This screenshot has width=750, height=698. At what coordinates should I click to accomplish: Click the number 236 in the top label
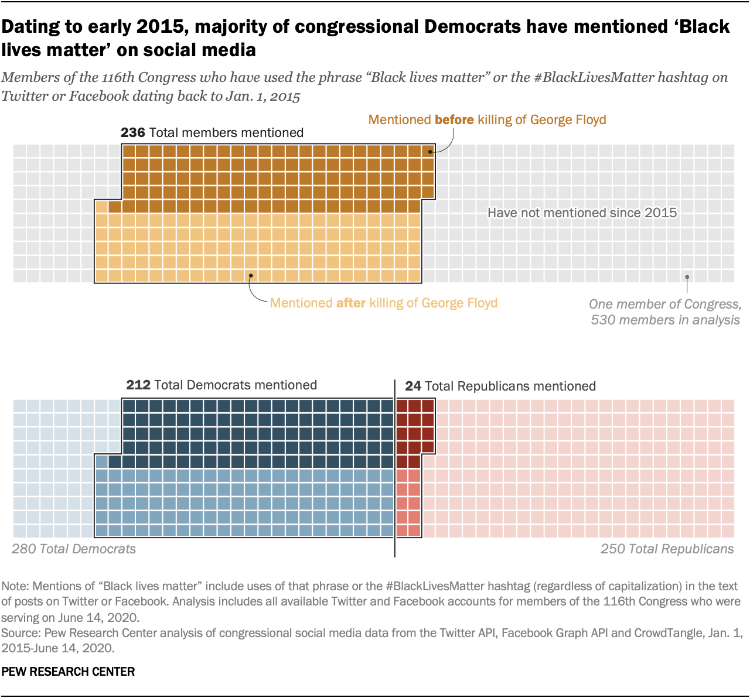pyautogui.click(x=132, y=133)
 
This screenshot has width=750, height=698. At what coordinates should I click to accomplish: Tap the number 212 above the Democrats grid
pyautogui.click(x=138, y=385)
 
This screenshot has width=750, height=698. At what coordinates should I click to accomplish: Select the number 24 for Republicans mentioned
pyautogui.click(x=412, y=386)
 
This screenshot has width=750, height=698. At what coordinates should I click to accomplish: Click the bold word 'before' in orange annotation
pyautogui.click(x=454, y=120)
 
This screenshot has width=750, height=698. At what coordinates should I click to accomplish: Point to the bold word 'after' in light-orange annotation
pyautogui.click(x=350, y=303)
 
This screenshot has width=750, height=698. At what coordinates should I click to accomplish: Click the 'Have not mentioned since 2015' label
pyautogui.click(x=582, y=213)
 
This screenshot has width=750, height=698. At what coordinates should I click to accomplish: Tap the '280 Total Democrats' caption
pyautogui.click(x=74, y=549)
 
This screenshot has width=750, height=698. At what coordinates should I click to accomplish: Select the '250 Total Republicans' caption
pyautogui.click(x=667, y=549)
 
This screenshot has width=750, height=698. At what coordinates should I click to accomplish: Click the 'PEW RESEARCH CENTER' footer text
pyautogui.click(x=68, y=672)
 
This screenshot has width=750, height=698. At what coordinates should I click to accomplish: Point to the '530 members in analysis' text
pyautogui.click(x=665, y=320)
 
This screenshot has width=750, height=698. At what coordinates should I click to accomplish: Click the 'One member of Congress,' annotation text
pyautogui.click(x=665, y=304)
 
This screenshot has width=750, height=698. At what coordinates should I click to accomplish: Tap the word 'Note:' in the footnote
pyautogui.click(x=16, y=586)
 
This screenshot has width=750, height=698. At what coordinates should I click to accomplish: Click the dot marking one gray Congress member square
pyautogui.click(x=687, y=277)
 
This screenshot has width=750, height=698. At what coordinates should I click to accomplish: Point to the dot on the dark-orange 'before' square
pyautogui.click(x=429, y=152)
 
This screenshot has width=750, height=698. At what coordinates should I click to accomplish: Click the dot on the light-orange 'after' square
pyautogui.click(x=251, y=275)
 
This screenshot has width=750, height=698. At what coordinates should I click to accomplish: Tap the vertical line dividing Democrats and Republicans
pyautogui.click(x=395, y=468)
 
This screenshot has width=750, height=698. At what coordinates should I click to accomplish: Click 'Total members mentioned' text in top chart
pyautogui.click(x=226, y=133)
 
